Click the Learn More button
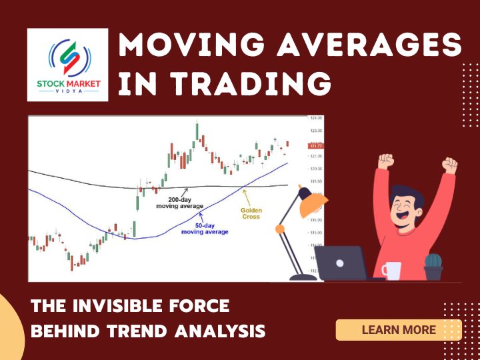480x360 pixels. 398,329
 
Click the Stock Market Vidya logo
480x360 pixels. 67,65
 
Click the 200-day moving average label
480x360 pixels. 179,203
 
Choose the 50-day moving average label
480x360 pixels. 205,228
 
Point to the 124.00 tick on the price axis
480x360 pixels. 317,119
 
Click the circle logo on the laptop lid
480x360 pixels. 341,263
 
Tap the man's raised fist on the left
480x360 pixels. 385,161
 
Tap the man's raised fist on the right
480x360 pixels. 451,165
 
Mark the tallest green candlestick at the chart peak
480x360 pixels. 197,132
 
